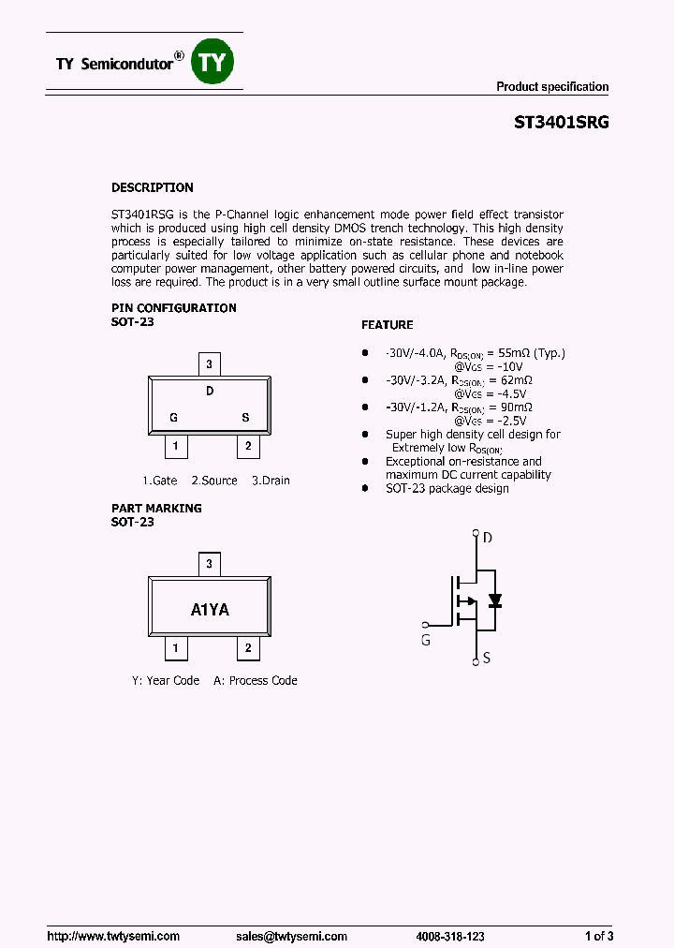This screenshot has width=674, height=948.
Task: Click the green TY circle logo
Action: click(212, 63)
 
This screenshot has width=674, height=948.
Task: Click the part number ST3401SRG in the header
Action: click(562, 123)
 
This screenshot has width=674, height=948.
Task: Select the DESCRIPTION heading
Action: click(153, 187)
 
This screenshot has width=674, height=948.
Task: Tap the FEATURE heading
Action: click(387, 325)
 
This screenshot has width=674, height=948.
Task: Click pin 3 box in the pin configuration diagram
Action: click(210, 363)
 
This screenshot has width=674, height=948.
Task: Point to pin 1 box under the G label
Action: click(176, 447)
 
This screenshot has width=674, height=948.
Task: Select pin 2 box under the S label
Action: click(247, 447)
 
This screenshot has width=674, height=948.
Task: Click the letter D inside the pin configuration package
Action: click(210, 392)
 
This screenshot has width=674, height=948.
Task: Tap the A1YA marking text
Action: click(210, 610)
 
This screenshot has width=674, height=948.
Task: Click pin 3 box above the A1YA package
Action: click(210, 564)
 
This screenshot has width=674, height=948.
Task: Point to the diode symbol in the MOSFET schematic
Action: click(495, 600)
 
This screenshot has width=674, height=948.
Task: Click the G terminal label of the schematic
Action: click(426, 641)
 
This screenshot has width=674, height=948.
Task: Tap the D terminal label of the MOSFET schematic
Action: click(487, 538)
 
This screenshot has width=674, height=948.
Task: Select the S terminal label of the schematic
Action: click(487, 659)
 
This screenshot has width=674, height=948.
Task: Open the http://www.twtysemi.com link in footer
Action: click(113, 936)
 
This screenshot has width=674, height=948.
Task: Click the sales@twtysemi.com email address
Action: click(291, 936)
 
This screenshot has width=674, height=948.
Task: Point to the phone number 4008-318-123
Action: click(450, 936)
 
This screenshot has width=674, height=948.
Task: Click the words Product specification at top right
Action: click(552, 87)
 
